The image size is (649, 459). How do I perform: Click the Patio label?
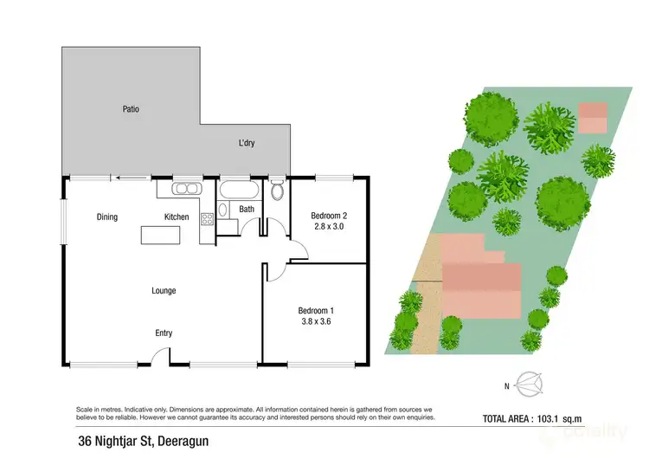pos(131,109)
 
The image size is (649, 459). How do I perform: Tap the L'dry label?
pos(247,143)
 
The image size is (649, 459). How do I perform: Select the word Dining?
pos(106,217)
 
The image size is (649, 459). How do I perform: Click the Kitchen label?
pos(177,217)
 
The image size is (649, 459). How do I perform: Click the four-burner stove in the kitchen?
pos(207,220)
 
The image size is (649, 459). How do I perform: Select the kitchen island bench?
pos(162,235)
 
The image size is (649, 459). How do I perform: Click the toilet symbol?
pos(277,190)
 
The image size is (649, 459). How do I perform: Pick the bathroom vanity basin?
pos(222,210)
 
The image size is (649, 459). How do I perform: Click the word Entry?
pos(164,333)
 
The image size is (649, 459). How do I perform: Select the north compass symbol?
pos(527,381)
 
